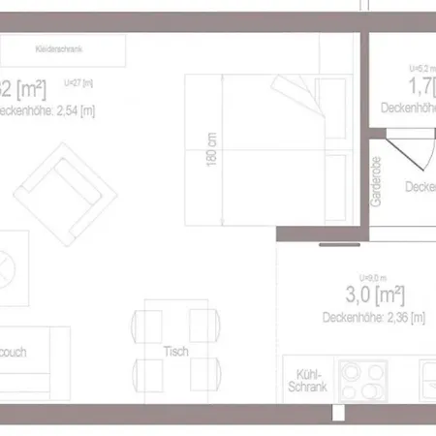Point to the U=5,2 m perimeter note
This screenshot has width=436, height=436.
tap(422, 69)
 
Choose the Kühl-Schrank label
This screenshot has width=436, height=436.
tap(309, 380)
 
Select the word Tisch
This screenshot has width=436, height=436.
tap(175, 351)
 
